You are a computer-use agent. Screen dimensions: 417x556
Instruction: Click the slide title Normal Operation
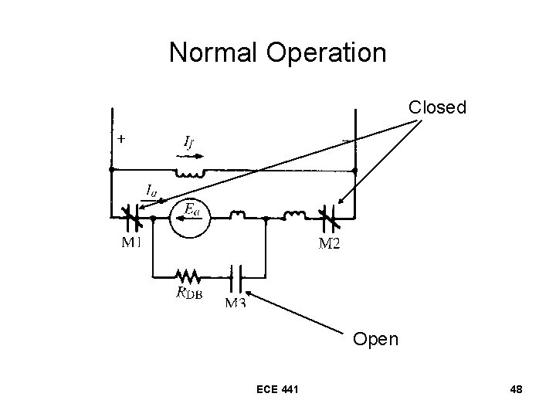pos(277,53)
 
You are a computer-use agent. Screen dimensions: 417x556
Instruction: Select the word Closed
pos(437,107)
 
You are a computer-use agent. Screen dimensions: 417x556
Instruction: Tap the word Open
pos(376,339)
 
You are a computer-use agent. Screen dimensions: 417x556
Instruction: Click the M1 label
pos(134,245)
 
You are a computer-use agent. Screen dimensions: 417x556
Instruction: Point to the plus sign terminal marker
pos(122,139)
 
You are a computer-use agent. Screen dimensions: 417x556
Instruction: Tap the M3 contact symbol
pos(236,275)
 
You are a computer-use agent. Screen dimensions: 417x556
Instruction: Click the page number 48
pos(516,389)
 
